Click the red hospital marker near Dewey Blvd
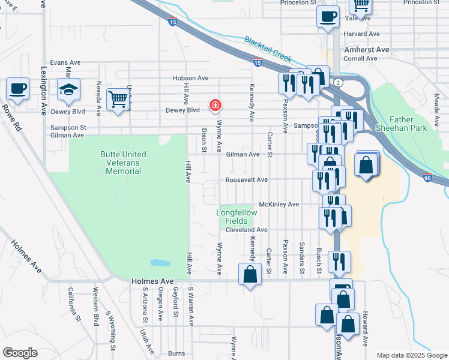(214, 106)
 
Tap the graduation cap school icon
(68, 91)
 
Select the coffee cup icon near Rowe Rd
(17, 89)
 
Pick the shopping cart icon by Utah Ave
(118, 100)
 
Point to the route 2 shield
(339, 82)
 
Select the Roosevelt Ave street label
(247, 179)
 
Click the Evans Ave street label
(65, 62)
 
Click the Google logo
(20, 353)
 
